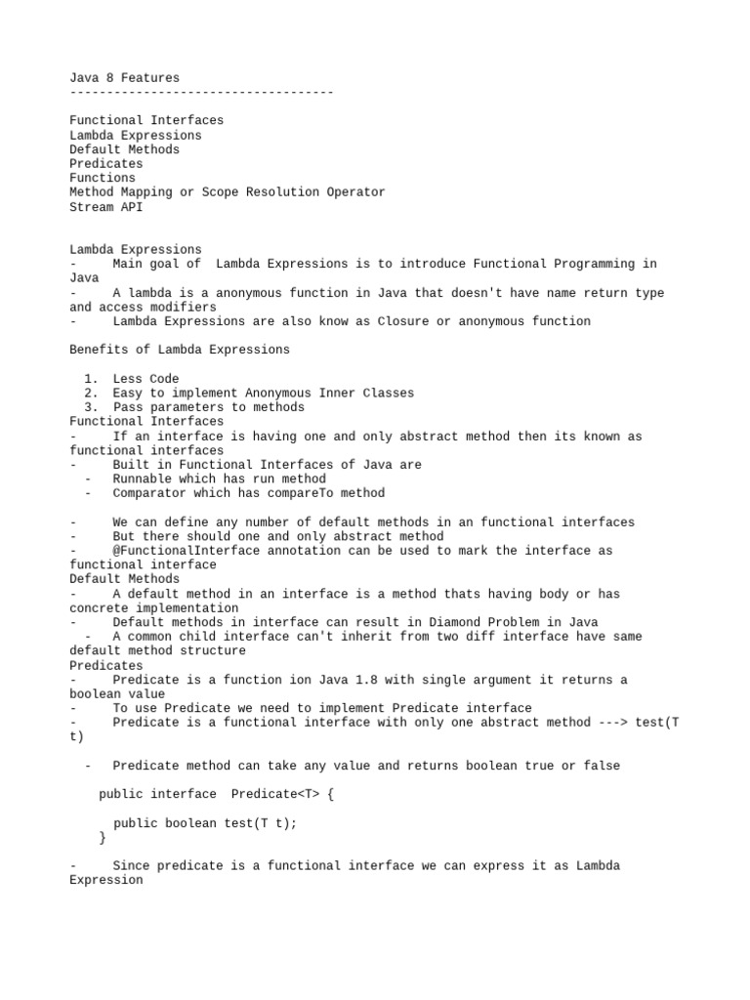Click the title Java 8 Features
124,77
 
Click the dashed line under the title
201,92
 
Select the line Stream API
105,206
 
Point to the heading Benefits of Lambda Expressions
180,350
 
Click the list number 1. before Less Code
91,379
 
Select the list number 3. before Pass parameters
91,407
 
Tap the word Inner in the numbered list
341,393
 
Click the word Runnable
142,479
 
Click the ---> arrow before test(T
613,723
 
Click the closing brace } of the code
103,837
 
